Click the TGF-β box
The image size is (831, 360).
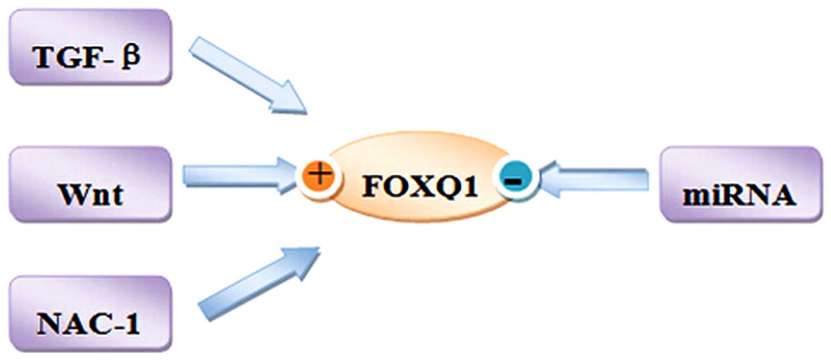[x=91, y=47]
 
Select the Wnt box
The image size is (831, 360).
[x=91, y=184]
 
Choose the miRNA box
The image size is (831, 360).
[x=740, y=184]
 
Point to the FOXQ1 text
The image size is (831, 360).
[x=420, y=186]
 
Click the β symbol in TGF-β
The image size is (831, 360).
[x=131, y=58]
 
